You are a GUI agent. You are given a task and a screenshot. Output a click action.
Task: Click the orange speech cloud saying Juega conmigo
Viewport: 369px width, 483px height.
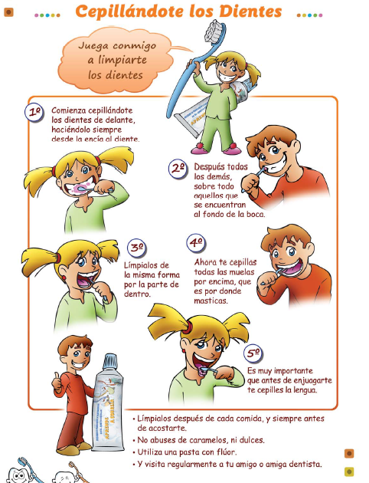115,59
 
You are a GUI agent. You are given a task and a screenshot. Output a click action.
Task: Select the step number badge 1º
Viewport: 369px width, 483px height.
35,112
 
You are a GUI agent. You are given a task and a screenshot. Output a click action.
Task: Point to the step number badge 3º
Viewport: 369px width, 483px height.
137,248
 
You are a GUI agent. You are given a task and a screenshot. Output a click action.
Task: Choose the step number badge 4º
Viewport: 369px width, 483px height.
196,244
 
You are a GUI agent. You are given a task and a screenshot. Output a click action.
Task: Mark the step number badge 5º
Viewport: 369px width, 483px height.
253,353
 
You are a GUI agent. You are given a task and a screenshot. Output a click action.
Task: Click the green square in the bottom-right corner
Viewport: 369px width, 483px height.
349,472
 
